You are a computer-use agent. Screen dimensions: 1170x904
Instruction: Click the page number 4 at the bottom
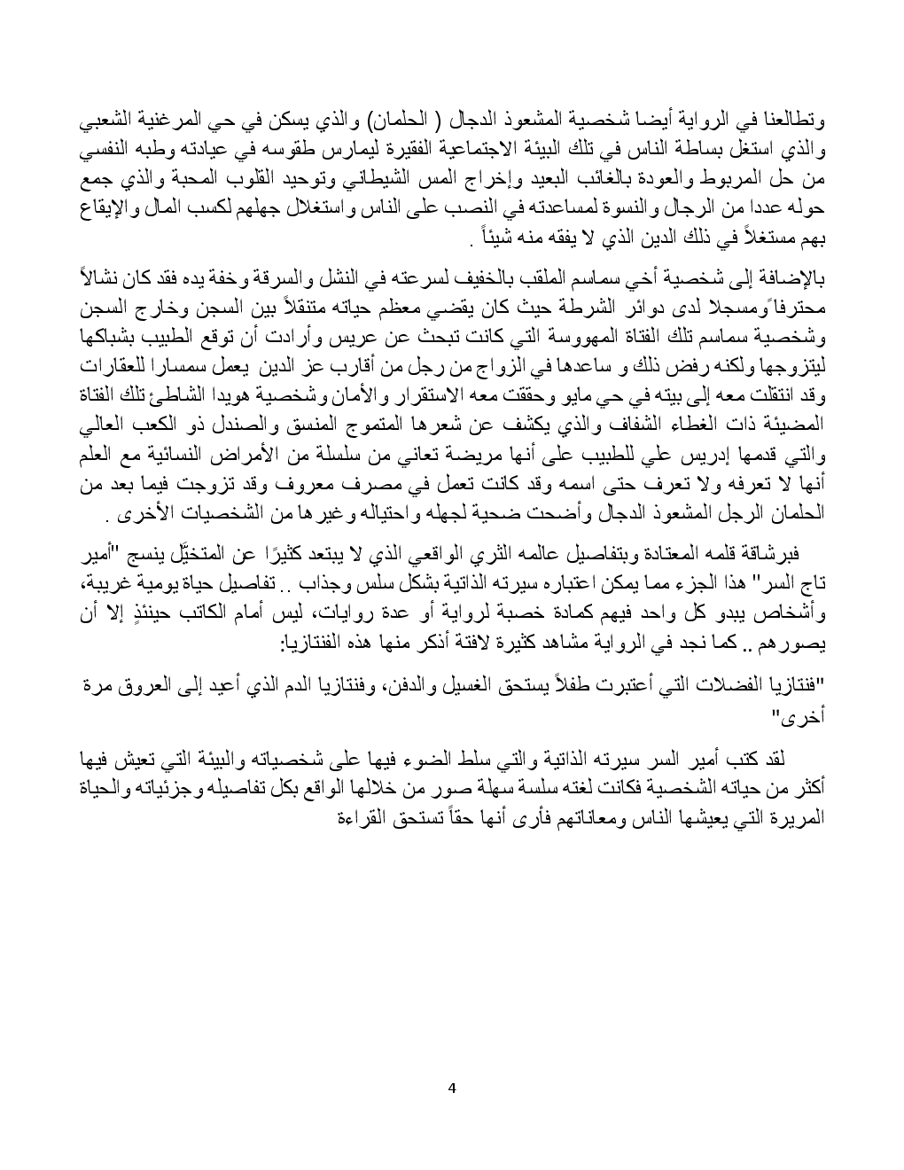coord(452,1088)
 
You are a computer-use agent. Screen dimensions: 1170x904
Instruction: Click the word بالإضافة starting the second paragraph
coord(789,281)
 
